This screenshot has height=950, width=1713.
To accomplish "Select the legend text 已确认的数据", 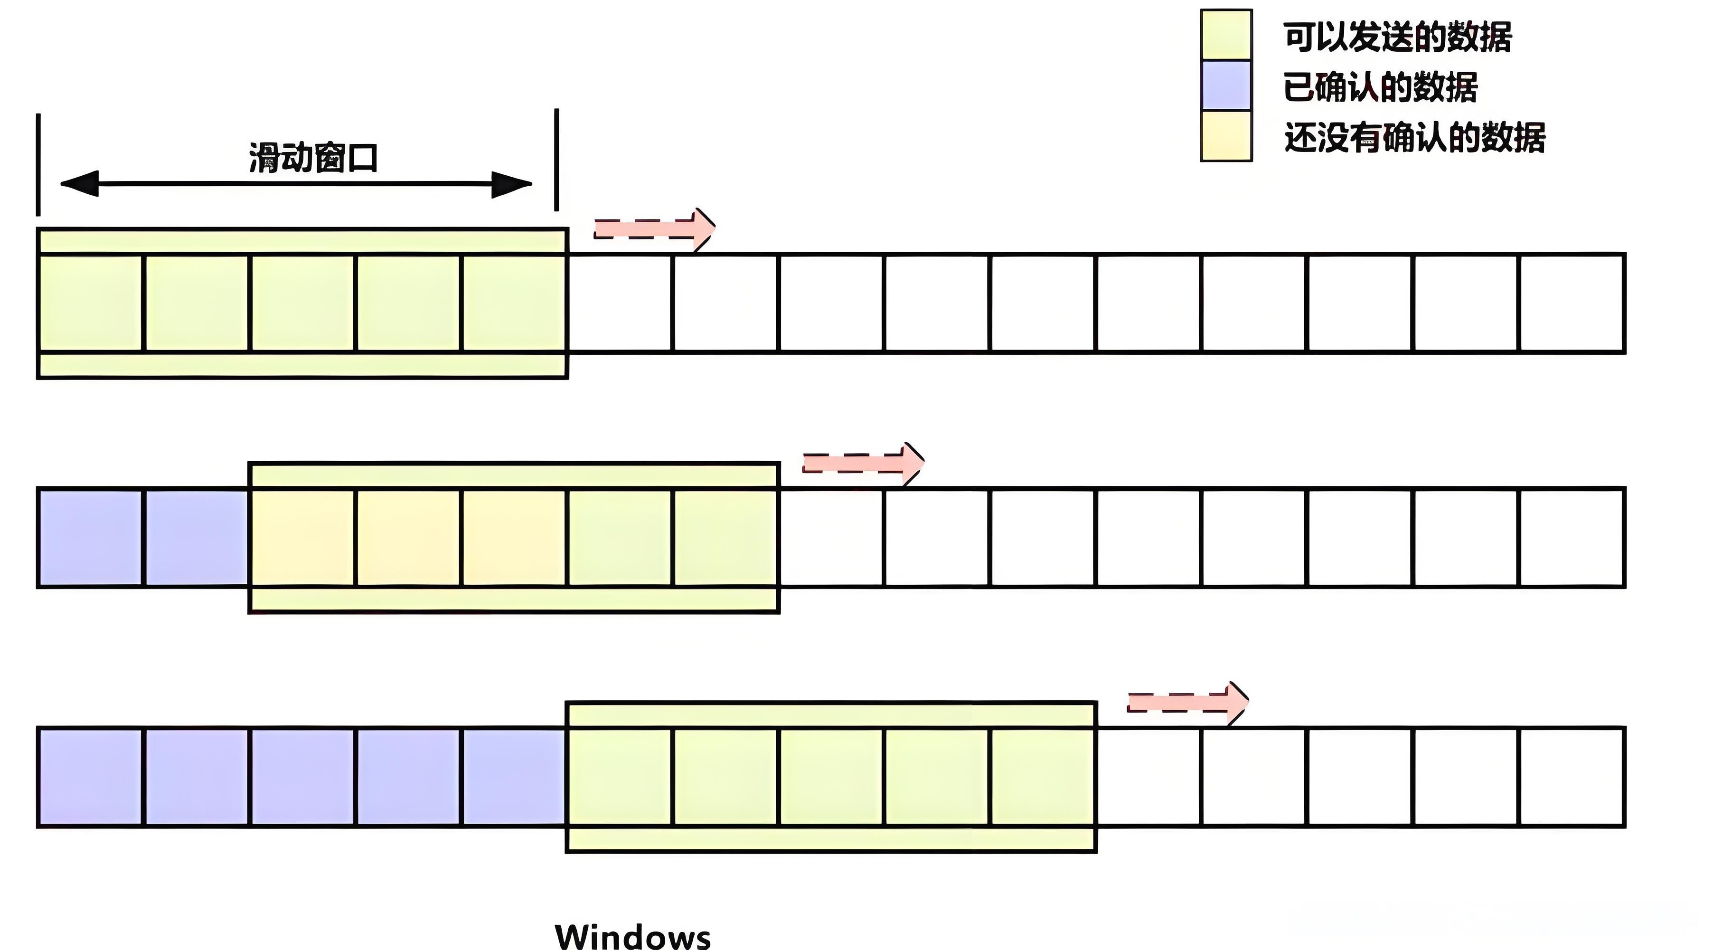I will (1380, 87).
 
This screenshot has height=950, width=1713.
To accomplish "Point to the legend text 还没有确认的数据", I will (1414, 138).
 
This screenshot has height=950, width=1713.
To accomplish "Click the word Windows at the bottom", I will (632, 935).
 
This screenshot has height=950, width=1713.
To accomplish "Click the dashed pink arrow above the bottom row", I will (1188, 703).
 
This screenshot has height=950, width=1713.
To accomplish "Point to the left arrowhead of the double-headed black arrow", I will (80, 184).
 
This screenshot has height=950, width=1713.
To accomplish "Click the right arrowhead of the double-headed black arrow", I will (511, 184).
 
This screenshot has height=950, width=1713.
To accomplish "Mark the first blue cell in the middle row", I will (90, 538).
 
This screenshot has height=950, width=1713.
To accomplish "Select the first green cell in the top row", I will (90, 303).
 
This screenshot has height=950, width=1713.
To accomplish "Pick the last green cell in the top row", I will (514, 303).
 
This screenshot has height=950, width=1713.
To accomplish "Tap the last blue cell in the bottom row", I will (514, 777).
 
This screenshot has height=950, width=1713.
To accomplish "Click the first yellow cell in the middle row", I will (302, 538).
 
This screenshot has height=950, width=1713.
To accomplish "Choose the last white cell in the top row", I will (1572, 303).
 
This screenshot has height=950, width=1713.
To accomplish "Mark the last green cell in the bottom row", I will (1043, 777).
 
